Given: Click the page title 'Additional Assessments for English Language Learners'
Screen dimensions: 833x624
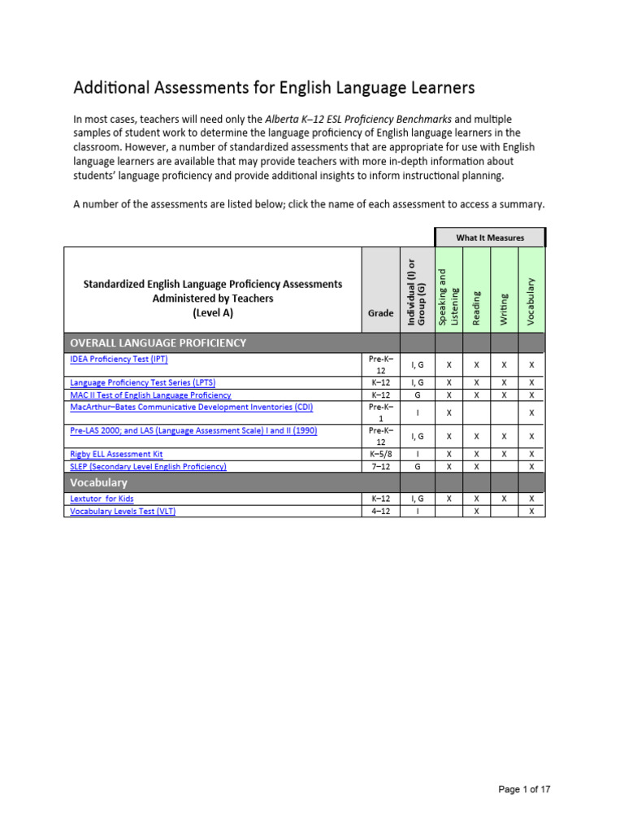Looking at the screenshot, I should (x=274, y=87).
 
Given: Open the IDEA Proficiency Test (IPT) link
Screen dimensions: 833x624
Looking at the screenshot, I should (x=119, y=358).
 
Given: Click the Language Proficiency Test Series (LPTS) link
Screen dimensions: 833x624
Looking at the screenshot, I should (x=143, y=382).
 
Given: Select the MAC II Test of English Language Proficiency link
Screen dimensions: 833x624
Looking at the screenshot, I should (x=150, y=395).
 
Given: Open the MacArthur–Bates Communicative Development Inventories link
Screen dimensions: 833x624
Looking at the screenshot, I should (x=191, y=407).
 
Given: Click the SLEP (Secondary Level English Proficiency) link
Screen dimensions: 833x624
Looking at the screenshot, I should (x=149, y=466).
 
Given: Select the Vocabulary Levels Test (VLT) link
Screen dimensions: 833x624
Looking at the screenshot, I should (x=123, y=511).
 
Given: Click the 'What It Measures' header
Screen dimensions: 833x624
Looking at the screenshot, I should (x=490, y=238).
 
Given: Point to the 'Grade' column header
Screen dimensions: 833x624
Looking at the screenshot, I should (x=380, y=312).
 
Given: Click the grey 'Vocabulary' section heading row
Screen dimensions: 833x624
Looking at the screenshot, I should (x=99, y=483).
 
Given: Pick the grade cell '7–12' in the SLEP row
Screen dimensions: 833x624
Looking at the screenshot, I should (x=380, y=466).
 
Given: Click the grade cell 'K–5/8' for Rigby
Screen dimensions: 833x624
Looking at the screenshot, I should (x=380, y=454).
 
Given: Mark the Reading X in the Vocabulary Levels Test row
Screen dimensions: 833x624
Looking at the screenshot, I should (x=476, y=511).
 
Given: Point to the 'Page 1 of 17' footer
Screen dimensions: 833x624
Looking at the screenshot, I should (x=524, y=789).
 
